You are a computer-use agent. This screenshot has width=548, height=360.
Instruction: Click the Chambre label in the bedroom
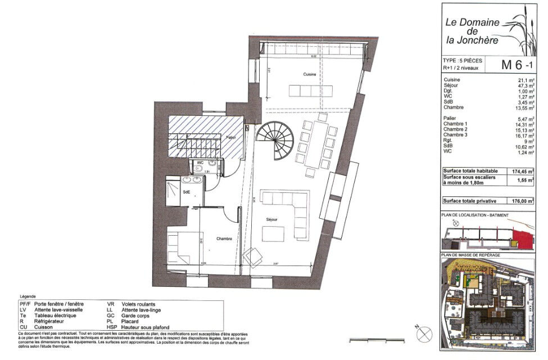pyautogui.click(x=225, y=238)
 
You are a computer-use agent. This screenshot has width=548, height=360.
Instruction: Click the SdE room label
pyautogui.click(x=185, y=193)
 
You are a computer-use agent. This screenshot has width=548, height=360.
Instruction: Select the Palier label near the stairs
pyautogui.click(x=230, y=137)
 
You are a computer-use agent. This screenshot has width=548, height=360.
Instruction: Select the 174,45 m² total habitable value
pyautogui.click(x=523, y=171)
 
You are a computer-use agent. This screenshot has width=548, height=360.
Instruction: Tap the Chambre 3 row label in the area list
pyautogui.click(x=456, y=136)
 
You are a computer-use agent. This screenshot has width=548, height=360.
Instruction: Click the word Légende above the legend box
pyautogui.click(x=28, y=296)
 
